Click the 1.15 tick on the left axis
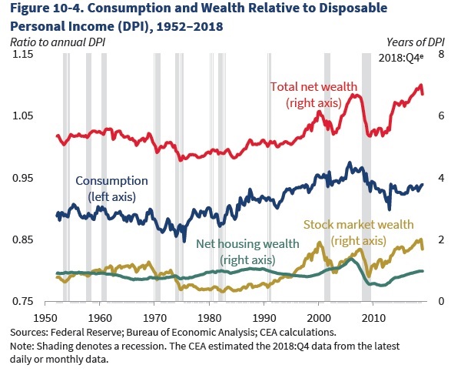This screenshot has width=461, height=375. [21, 55]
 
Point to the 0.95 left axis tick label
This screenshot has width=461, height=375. [21, 179]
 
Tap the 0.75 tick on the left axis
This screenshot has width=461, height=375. [21, 301]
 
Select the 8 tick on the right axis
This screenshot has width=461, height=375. [441, 55]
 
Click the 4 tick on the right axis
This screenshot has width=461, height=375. [441, 179]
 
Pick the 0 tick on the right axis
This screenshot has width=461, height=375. [441, 301]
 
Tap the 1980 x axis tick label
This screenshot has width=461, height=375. [210, 316]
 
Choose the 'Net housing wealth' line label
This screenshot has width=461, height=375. [247, 251]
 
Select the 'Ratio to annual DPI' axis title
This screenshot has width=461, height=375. [58, 39]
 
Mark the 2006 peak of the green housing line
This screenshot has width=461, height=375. [351, 258]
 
